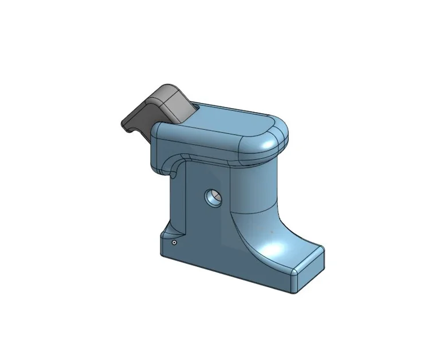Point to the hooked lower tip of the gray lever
pos(127,125)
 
